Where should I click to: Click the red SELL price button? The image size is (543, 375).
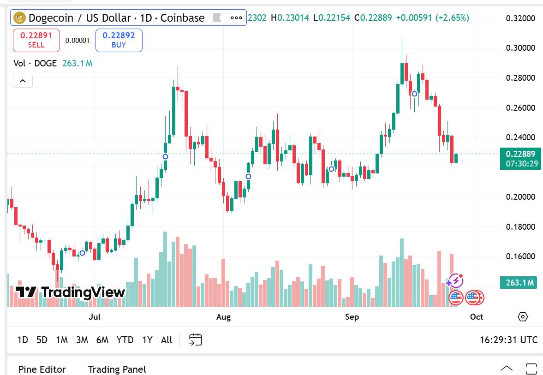[36, 40]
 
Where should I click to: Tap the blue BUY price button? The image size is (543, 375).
[119, 40]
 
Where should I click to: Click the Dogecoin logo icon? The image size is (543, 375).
[19, 18]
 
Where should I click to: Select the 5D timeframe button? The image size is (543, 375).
[42, 340]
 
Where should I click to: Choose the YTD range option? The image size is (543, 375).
[125, 340]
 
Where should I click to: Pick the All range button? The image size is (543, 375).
[167, 340]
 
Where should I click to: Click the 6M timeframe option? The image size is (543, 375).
[102, 340]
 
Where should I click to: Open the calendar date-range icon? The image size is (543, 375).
[196, 340]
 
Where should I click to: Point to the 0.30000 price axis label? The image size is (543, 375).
[520, 48]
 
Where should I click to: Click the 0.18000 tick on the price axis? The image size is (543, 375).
[520, 226]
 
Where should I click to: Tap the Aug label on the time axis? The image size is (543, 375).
[223, 317]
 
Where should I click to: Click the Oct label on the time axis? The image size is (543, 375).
[477, 317]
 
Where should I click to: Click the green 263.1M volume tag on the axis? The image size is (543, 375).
[518, 282]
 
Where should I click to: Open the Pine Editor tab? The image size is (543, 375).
[42, 369]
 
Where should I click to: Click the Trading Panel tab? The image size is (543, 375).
[117, 369]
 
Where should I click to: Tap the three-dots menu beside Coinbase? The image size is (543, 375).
[236, 18]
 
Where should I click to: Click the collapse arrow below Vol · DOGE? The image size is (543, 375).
[23, 82]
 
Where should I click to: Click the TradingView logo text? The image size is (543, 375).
[71, 292]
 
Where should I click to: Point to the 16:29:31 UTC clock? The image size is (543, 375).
[508, 340]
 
